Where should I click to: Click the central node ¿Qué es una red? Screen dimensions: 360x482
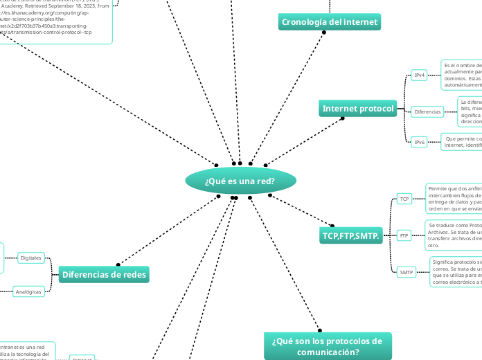[x=240, y=181]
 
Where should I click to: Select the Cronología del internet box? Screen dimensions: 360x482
[x=330, y=22]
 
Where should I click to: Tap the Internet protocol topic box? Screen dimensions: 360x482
[x=358, y=109]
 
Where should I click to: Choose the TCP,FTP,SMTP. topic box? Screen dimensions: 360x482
[x=350, y=236]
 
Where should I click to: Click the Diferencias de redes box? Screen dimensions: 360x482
[x=104, y=275]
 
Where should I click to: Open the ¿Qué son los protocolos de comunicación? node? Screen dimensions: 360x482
[x=328, y=346]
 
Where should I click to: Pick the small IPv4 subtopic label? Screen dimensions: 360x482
[x=419, y=75]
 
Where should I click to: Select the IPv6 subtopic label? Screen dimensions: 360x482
[x=419, y=142]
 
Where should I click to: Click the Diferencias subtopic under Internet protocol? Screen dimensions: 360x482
[x=428, y=111]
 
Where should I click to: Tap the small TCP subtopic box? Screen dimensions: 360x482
[x=404, y=199]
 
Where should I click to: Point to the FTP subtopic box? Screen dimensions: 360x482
[x=404, y=235]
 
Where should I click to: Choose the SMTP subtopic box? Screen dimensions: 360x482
[x=406, y=272]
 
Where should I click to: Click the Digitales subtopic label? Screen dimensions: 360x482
[x=31, y=258]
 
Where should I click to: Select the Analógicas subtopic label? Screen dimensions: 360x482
[x=28, y=291]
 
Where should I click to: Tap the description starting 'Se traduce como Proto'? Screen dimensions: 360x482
[x=454, y=235]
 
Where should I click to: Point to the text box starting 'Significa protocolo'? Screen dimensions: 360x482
[x=456, y=272]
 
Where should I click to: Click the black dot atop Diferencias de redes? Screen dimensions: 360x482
[x=117, y=264]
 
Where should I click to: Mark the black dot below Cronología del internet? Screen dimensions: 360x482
[x=324, y=32]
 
